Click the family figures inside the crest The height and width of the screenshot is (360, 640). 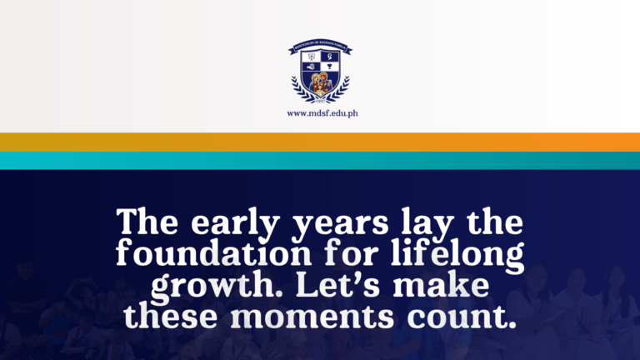point(321,83)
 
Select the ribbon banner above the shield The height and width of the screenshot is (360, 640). point(321,47)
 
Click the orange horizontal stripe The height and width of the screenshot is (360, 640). point(320,142)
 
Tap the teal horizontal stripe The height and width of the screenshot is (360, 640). point(320,160)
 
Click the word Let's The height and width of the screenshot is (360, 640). point(326,283)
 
